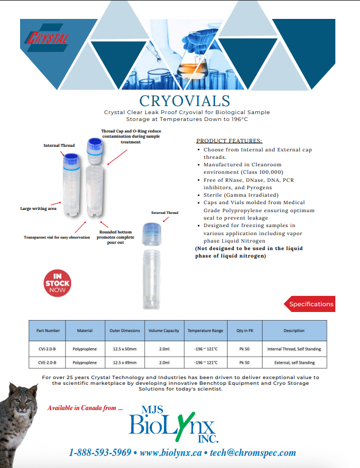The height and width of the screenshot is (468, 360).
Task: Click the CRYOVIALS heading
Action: click(181, 101)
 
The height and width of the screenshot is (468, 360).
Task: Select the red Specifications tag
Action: click(310, 304)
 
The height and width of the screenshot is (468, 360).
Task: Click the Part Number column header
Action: click(48, 330)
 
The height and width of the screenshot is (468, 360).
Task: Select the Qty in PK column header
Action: click(244, 330)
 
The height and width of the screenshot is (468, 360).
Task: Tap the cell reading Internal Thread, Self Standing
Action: click(294, 349)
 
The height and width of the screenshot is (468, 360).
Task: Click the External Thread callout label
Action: click(165, 213)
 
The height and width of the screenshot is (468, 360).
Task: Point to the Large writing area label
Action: click(39, 208)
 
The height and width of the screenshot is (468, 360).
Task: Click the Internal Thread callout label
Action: click(59, 145)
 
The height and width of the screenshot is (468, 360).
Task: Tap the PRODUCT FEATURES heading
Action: click(229, 141)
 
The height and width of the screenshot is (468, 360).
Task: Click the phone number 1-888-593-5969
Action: click(100, 453)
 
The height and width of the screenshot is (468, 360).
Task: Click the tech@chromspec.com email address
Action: click(253, 453)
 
